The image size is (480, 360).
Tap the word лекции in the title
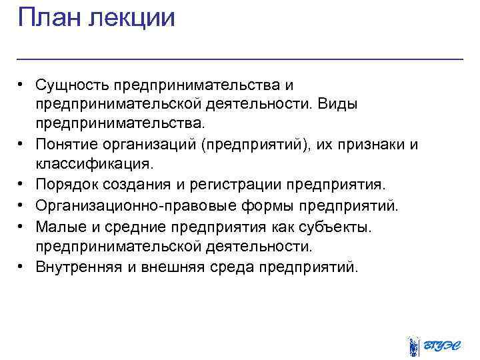click(132, 18)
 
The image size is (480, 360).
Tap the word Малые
click(57, 227)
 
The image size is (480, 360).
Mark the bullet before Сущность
click(22, 86)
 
